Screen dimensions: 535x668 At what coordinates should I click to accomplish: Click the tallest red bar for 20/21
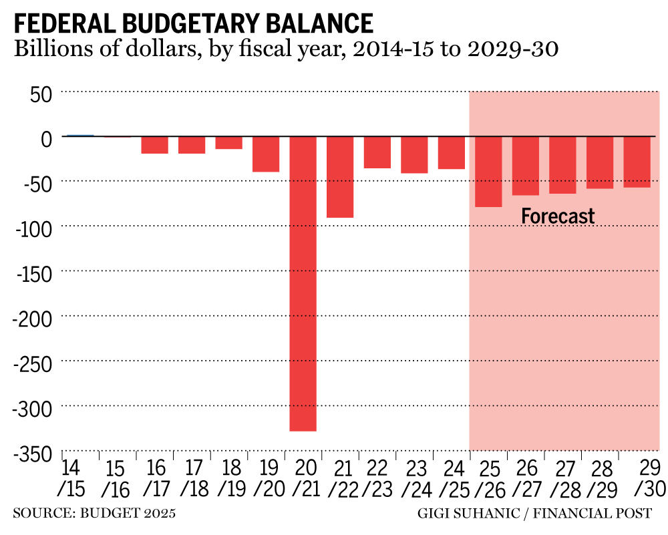click(x=303, y=284)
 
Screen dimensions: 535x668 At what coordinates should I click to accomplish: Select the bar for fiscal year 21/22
click(x=340, y=177)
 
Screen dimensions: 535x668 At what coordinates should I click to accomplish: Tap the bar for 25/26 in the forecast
click(x=488, y=172)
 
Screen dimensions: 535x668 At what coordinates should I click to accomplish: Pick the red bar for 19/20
click(x=266, y=154)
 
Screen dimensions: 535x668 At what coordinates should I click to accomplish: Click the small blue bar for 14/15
click(x=80, y=135)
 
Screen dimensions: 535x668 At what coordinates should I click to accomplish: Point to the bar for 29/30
click(x=637, y=162)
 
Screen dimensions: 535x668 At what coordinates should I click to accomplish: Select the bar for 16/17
click(x=154, y=145)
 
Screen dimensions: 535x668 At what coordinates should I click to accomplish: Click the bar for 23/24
click(x=414, y=155)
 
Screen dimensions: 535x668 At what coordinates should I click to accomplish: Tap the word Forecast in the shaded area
click(x=558, y=216)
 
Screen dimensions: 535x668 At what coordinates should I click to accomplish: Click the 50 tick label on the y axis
click(x=39, y=93)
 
